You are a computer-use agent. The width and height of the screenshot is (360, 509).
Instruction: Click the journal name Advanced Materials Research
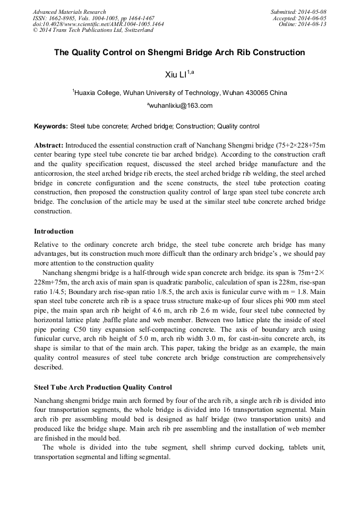pos(69,12)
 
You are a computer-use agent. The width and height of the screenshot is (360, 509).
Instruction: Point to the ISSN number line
pos(93,18)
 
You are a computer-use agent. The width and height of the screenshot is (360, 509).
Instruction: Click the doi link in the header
pos(98,24)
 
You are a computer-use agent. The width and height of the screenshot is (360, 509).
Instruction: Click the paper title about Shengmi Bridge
pos(179,53)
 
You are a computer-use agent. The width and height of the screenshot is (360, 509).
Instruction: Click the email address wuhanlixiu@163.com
pos(181,106)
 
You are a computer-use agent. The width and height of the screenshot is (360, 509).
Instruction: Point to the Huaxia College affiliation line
pos(179,92)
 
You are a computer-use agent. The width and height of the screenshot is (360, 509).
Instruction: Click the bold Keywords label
pos(51,126)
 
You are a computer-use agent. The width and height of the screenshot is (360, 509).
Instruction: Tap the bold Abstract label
pos(49,145)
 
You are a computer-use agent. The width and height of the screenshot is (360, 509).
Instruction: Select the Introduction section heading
pos(54,231)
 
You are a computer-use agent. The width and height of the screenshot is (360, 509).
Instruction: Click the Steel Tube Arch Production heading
pos(102,387)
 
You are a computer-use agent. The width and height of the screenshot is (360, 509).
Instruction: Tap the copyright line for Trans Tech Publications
pos(93,30)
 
